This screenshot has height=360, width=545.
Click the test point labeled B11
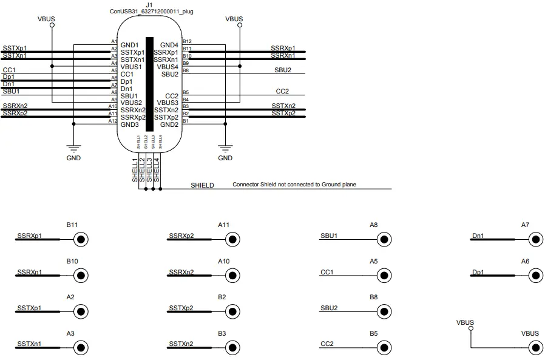[80, 240]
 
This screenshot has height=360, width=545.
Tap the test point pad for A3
[80, 348]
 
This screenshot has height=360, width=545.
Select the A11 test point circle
[232, 240]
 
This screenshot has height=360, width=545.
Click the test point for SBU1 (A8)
[384, 240]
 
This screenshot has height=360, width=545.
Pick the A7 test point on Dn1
[535, 240]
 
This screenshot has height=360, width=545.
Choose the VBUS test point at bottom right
[535, 348]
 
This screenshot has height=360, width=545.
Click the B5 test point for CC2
[384, 348]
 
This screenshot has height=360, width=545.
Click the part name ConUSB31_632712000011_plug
[151, 12]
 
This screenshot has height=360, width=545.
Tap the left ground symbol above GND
[73, 148]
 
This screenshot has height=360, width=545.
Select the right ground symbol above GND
[225, 148]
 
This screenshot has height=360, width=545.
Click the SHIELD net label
[202, 185]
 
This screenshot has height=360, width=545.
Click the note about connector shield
[294, 184]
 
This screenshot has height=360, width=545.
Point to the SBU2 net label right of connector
[283, 70]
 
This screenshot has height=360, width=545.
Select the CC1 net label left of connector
[9, 70]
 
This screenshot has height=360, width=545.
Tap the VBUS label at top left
[46, 19]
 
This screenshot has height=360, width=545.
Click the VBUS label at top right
[234, 19]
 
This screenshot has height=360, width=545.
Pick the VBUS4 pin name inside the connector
[168, 67]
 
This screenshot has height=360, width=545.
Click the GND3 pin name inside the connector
[129, 124]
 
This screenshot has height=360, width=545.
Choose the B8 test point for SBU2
[384, 312]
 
